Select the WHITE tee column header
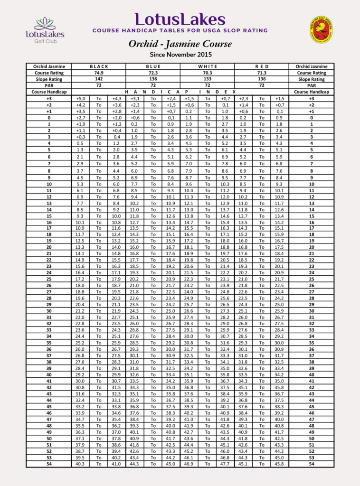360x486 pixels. coord(207,66)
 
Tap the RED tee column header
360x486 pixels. coord(261,66)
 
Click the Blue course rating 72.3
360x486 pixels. coord(153,73)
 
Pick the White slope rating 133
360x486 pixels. coord(207,79)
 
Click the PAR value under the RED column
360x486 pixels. coord(261,85)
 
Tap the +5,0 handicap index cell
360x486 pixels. coord(80,98)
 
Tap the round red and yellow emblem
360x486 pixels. coord(321,29)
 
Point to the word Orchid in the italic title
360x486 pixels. coord(143,44)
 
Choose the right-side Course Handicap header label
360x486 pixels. coord(311,92)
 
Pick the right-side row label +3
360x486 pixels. coord(311,98)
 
